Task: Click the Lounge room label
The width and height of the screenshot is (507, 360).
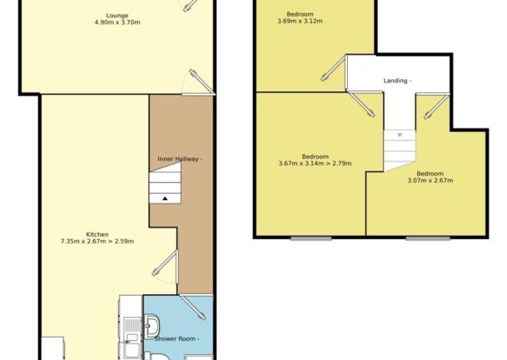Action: pos(117,16)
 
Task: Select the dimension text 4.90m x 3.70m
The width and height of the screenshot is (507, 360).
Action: pos(117,22)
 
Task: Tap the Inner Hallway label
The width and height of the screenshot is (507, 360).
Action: pos(180,159)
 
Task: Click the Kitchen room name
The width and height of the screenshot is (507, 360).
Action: pos(97,234)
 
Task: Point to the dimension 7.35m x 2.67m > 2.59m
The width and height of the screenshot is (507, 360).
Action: pos(97,241)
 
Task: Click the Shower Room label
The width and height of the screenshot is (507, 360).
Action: pos(176,339)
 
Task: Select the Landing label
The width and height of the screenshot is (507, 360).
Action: pos(397,81)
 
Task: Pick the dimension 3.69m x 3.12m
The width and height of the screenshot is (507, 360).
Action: pos(300,21)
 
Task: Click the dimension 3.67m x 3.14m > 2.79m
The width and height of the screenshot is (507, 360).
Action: pos(315,163)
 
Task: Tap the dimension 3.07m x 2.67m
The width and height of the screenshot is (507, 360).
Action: pos(430,180)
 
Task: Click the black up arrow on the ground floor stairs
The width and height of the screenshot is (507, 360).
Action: pos(165,199)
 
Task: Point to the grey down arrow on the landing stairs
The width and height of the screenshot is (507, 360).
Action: pos(400,135)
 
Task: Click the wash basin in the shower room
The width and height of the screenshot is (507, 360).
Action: pos(152,325)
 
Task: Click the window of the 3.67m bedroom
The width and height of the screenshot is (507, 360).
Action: pos(311,239)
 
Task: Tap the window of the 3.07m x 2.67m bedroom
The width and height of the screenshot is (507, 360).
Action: pos(428,239)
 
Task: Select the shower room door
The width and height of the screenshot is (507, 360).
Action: pos(193,307)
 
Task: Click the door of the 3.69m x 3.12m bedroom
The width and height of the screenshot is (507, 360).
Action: pos(334,68)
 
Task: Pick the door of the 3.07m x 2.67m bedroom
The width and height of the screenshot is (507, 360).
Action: pos(436,106)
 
